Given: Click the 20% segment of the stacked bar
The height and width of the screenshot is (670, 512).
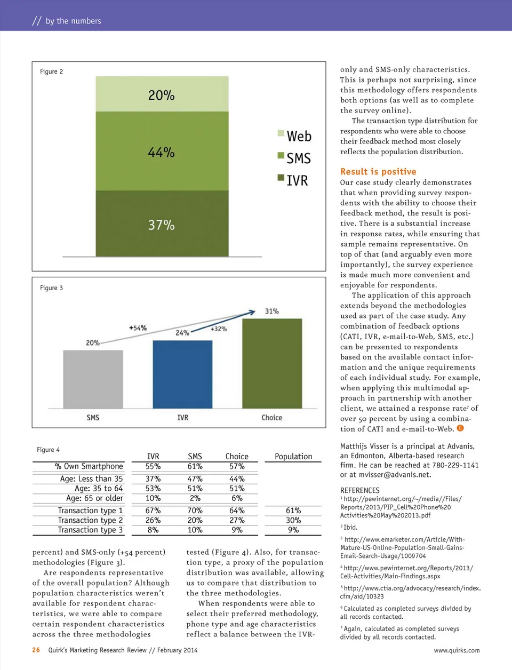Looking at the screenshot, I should pos(162,94).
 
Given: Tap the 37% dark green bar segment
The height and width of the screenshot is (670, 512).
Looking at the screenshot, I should pos(162,224).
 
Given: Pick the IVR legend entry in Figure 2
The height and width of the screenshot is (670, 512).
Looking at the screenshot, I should pos(293,180).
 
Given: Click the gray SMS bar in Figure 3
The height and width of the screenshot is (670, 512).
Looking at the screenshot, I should pos(93,379).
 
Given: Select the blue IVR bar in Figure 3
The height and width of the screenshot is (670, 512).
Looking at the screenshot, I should pos(182,374).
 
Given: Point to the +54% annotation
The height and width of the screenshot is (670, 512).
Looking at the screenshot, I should pos(138,328).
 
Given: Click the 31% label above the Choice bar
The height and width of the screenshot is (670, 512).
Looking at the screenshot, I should pos(272,311).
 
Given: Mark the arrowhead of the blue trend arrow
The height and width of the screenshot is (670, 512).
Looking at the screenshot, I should pos(252,313).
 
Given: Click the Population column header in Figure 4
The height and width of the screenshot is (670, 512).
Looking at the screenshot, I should pos(293,456).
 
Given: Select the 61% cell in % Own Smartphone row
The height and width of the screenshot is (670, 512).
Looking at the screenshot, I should pos(195,466).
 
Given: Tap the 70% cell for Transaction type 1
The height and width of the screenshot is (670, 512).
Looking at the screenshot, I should pos(195,511).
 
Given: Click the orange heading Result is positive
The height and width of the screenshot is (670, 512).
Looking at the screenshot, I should pos(378,171).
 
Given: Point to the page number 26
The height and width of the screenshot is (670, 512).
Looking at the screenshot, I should pos(36,650).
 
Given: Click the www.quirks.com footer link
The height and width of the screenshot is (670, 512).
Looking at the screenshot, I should pos(457,650).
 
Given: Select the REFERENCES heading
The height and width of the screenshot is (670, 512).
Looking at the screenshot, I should pos(360,490).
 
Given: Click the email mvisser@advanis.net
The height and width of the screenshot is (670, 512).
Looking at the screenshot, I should pos(395,474).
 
